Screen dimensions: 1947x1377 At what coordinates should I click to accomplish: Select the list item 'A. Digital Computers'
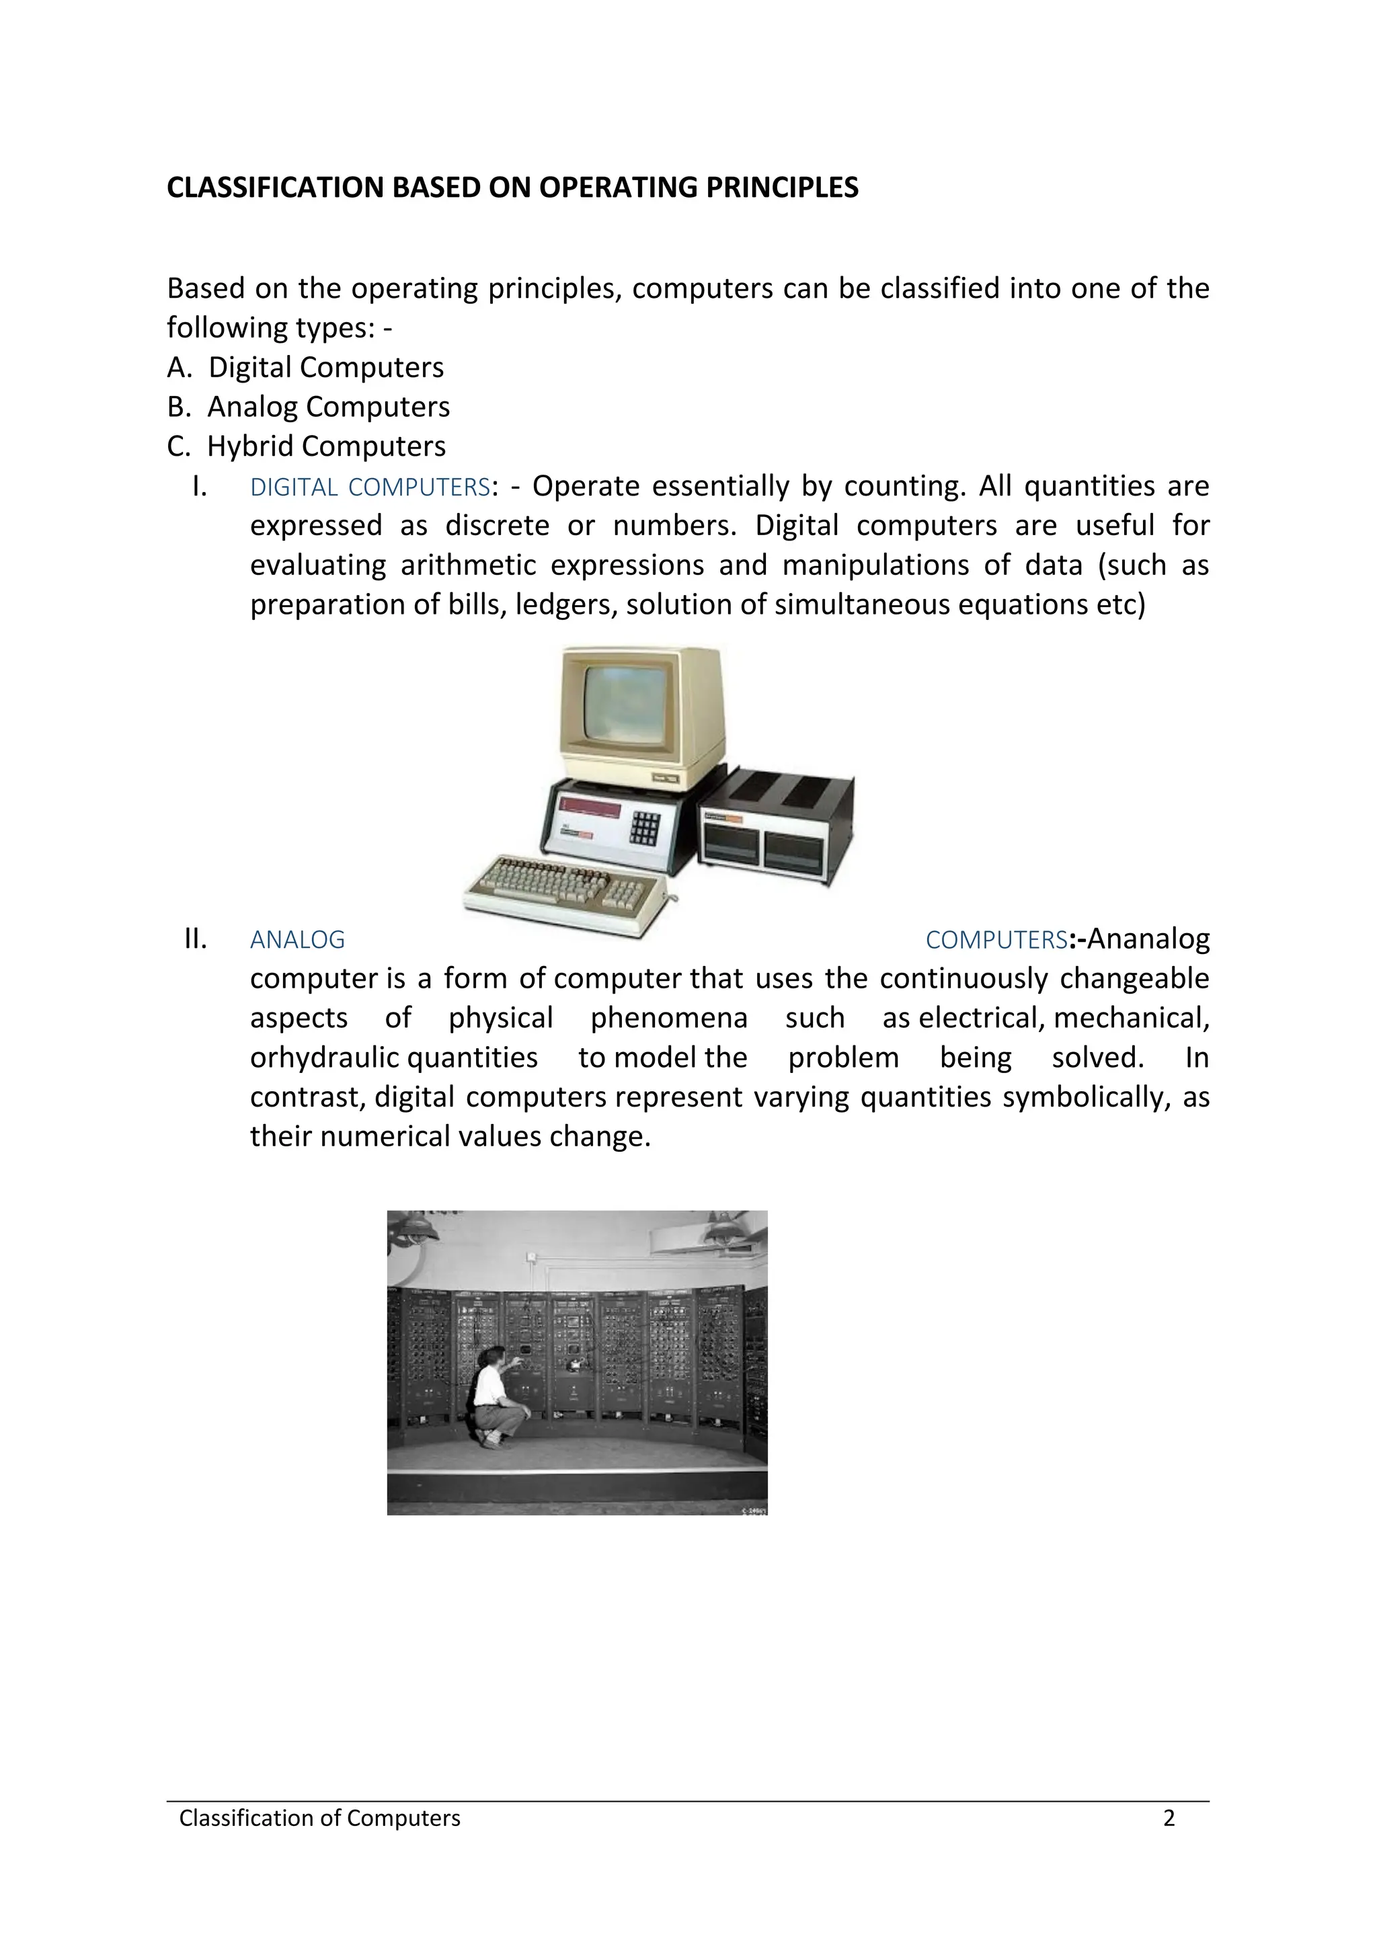click(x=305, y=367)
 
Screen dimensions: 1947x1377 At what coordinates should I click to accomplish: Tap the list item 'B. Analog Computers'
click(x=308, y=407)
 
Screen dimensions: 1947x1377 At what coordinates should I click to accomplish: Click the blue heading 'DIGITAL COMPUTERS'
click(x=370, y=487)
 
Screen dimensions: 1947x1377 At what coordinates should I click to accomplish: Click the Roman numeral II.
click(x=195, y=939)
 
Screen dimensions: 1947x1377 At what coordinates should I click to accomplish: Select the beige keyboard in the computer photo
click(x=566, y=890)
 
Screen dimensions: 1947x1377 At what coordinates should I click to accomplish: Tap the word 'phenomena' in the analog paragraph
click(x=668, y=1018)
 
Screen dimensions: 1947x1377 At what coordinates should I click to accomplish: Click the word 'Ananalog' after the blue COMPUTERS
click(x=1148, y=939)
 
